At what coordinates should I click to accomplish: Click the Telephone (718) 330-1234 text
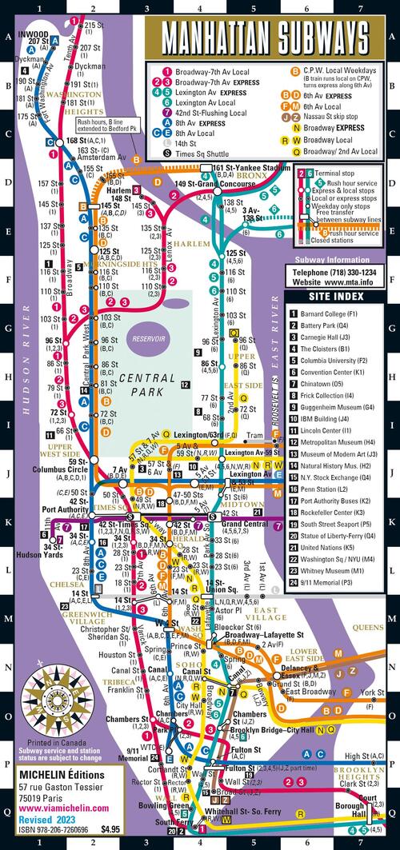point(333,272)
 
